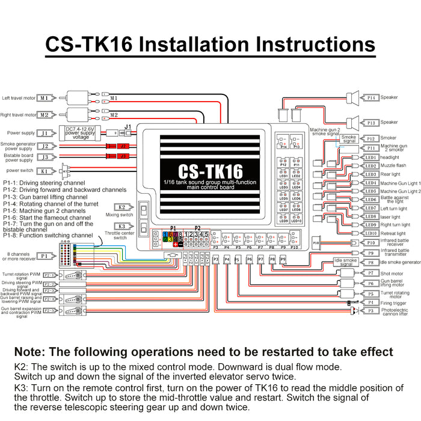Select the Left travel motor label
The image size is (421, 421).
19,97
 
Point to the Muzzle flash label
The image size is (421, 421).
394,165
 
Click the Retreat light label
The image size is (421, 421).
393,233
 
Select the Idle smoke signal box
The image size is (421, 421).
345,262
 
